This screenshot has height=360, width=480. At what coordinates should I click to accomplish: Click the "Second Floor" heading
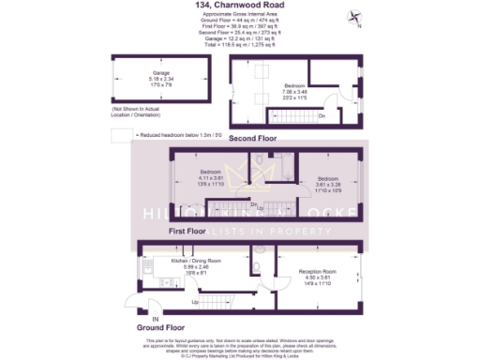[x=253, y=138]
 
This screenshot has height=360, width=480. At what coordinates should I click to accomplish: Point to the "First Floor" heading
[x=187, y=229]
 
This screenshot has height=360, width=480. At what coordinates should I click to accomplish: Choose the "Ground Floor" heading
[x=159, y=327]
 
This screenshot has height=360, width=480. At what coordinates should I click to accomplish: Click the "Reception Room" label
[x=318, y=271]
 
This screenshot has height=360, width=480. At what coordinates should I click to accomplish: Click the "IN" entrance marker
[x=142, y=318]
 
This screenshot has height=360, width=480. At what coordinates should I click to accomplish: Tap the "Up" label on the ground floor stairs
[x=195, y=303]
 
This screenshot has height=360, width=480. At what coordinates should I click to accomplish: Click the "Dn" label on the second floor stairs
[x=321, y=115]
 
